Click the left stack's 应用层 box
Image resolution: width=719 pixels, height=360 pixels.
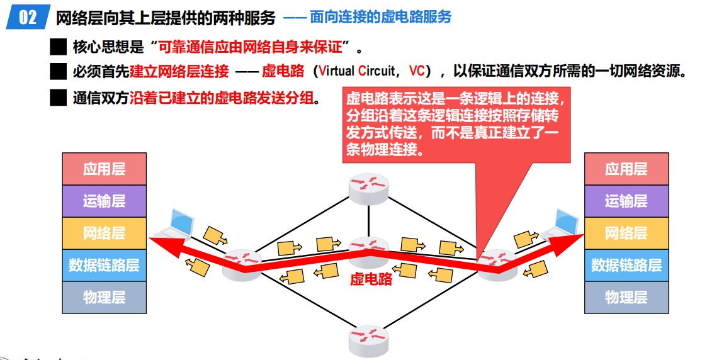tap(104, 169)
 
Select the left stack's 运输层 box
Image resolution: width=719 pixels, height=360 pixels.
tap(104, 201)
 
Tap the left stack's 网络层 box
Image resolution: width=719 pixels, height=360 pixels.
tap(104, 233)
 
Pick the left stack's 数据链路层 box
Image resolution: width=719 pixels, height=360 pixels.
tap(104, 265)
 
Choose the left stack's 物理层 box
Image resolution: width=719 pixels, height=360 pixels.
tap(104, 297)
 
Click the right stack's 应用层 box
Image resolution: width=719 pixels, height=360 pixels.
tap(626, 169)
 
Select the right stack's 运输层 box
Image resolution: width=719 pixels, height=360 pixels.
tap(626, 201)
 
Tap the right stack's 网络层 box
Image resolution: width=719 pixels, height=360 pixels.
tap(626, 233)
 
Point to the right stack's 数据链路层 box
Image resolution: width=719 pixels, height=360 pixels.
tap(626, 265)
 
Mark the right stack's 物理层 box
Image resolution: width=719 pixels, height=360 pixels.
tap(626, 297)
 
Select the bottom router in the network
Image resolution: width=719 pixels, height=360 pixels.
tap(369, 340)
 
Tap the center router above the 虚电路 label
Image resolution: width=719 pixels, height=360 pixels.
tap(369, 252)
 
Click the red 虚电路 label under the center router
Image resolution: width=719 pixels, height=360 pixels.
tap(371, 279)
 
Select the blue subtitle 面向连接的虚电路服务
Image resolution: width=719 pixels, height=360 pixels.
tap(380, 17)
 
